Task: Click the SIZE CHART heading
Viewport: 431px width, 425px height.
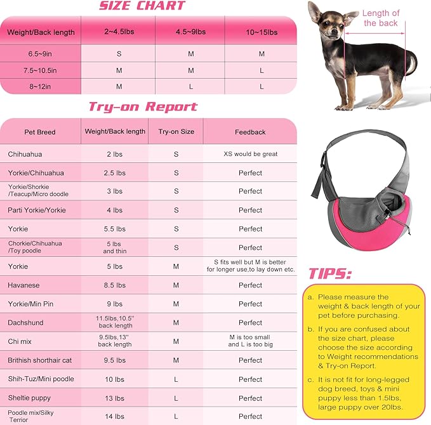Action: pyautogui.click(x=141, y=6)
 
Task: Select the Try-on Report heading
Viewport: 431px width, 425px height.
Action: pyautogui.click(x=143, y=107)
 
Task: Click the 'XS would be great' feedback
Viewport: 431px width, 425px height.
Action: pyautogui.click(x=250, y=154)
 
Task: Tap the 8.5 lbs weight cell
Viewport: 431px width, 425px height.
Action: pyautogui.click(x=115, y=285)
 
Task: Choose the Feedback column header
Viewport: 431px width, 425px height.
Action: pyautogui.click(x=250, y=132)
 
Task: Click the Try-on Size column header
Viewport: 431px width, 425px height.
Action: pyautogui.click(x=176, y=132)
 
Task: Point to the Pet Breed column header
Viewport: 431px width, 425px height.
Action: pyautogui.click(x=40, y=132)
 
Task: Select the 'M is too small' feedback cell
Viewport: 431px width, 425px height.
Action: pyautogui.click(x=250, y=341)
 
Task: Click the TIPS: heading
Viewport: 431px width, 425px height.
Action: pyautogui.click(x=330, y=273)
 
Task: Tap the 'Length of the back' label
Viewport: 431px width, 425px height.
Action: pyautogui.click(x=381, y=18)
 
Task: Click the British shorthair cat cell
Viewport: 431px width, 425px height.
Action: pyautogui.click(x=40, y=360)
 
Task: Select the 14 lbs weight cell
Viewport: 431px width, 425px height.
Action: pyautogui.click(x=115, y=416)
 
